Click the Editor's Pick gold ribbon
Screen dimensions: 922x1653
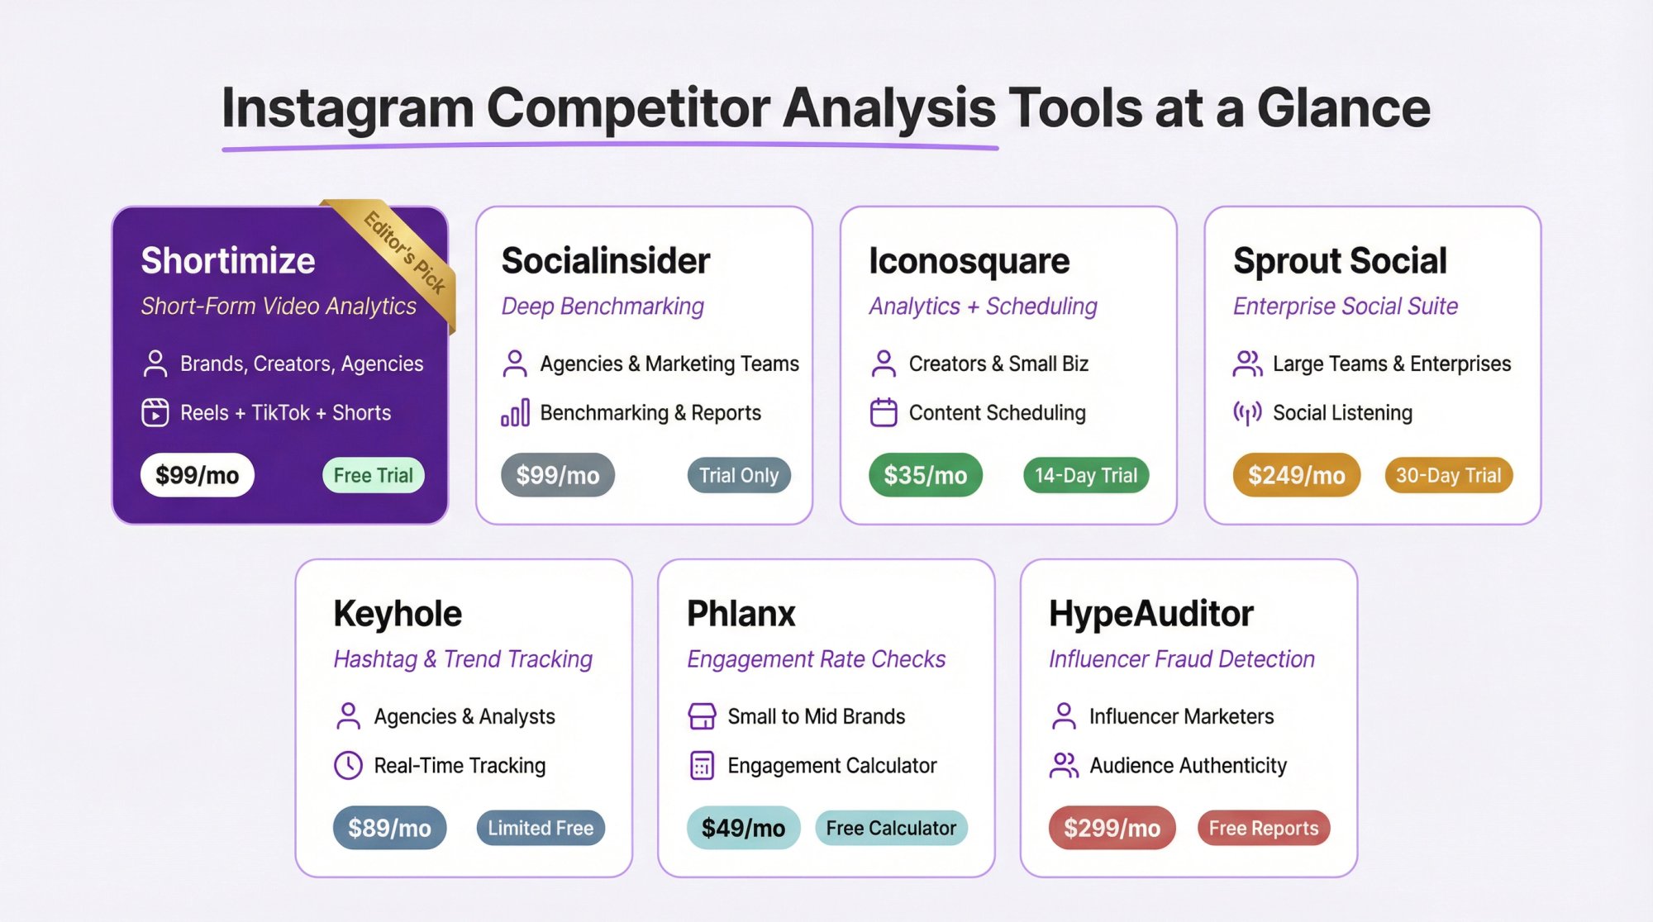pyautogui.click(x=405, y=252)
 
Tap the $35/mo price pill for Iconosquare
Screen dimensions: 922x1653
pyautogui.click(x=925, y=475)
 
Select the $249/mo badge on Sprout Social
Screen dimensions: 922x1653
pyautogui.click(x=1296, y=475)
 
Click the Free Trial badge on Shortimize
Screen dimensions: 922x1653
pyautogui.click(x=373, y=475)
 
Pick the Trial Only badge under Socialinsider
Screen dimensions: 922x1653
pyautogui.click(x=739, y=475)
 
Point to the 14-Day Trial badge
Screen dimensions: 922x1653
pyautogui.click(x=1086, y=475)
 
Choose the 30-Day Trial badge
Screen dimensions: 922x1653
pyautogui.click(x=1448, y=475)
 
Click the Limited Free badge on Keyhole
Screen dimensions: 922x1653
pyautogui.click(x=541, y=828)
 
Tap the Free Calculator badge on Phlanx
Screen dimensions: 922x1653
pyautogui.click(x=891, y=828)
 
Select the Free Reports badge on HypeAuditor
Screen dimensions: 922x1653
pyautogui.click(x=1263, y=828)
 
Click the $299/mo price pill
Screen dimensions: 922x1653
pyautogui.click(x=1112, y=828)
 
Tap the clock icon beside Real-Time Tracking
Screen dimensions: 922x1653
pyautogui.click(x=348, y=765)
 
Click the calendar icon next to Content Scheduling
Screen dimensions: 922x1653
pyautogui.click(x=884, y=412)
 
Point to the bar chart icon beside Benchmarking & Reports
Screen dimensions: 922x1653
pyautogui.click(x=515, y=412)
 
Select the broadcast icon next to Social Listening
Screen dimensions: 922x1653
pyautogui.click(x=1247, y=412)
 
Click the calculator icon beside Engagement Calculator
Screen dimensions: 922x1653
pyautogui.click(x=702, y=765)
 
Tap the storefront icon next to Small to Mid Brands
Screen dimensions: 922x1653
pyautogui.click(x=702, y=716)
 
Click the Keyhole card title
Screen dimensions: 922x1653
pyautogui.click(x=398, y=614)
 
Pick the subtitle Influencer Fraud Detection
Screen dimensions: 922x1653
pyautogui.click(x=1181, y=659)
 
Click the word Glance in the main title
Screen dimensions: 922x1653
pyautogui.click(x=1343, y=108)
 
